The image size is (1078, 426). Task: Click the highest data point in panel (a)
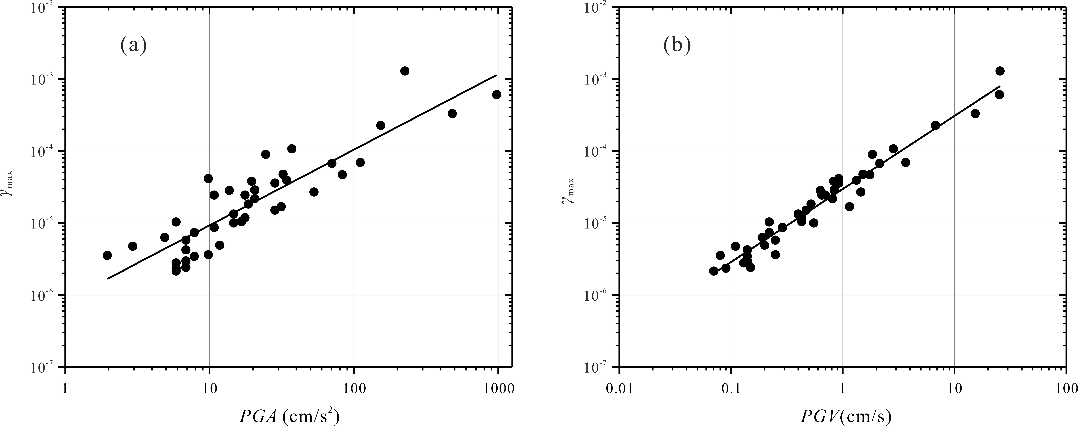(x=405, y=71)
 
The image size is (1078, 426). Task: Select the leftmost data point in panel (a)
(x=107, y=255)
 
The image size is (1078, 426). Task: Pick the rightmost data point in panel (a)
(x=497, y=95)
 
